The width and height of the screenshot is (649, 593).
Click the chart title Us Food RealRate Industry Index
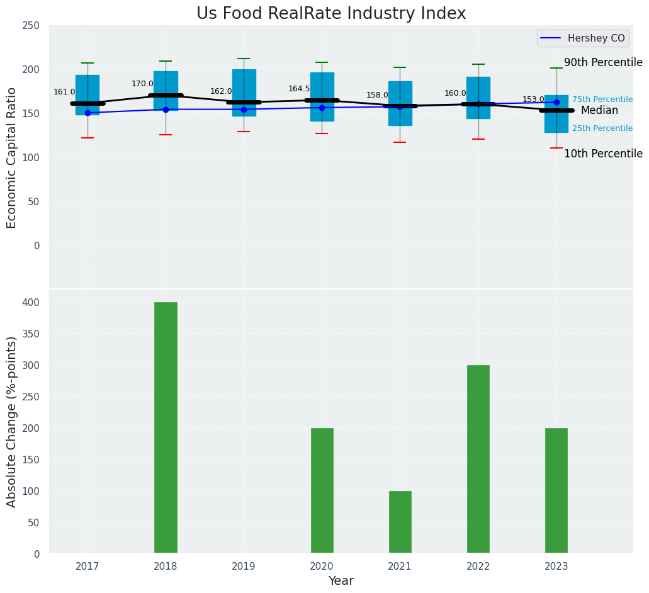tap(331, 14)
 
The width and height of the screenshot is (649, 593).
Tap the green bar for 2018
tap(166, 427)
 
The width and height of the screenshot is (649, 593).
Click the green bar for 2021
tap(400, 522)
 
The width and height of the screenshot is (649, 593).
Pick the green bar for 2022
tap(478, 459)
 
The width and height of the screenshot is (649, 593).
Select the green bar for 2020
tap(322, 490)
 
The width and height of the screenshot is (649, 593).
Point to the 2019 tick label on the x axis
tap(244, 567)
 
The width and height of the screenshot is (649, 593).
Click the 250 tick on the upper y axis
tap(30, 26)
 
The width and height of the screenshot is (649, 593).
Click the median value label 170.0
tap(142, 84)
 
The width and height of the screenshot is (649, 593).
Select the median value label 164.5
tap(299, 89)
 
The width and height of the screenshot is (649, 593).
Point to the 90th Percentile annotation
tap(603, 63)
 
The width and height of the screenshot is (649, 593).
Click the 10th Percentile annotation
tap(603, 154)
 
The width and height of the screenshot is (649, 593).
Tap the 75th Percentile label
tap(602, 99)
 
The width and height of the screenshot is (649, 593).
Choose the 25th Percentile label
tap(602, 128)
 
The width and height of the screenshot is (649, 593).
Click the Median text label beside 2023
tap(599, 111)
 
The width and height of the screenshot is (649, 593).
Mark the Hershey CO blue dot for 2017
tap(87, 113)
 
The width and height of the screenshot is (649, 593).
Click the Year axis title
tap(341, 581)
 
